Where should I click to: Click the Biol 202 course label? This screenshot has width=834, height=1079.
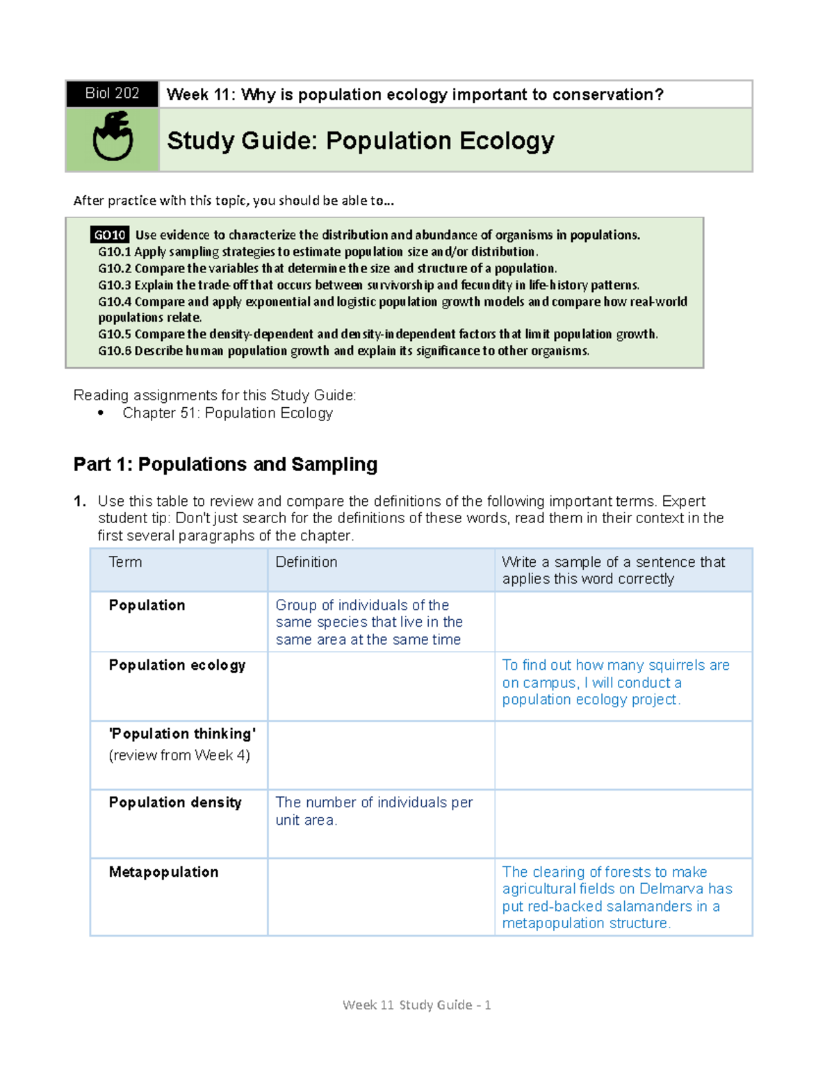pos(112,94)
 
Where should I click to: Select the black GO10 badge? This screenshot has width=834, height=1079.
pos(110,235)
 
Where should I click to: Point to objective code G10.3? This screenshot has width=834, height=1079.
pos(114,285)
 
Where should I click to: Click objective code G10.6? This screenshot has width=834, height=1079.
pos(114,351)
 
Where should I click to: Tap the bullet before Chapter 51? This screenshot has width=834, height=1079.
pos(101,413)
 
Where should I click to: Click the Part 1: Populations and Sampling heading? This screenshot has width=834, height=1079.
pos(225,464)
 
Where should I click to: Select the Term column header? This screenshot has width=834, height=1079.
pos(125,562)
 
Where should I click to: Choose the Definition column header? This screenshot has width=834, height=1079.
pos(306,562)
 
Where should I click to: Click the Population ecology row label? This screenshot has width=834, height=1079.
pos(177,665)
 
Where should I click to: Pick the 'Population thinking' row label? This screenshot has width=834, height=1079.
pos(182,734)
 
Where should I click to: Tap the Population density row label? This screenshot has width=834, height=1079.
pos(175,802)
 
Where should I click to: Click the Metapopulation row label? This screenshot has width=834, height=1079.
pos(163,872)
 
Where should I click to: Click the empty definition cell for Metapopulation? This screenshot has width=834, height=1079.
pos(381,897)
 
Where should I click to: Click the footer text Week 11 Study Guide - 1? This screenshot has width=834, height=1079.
pos(417,1005)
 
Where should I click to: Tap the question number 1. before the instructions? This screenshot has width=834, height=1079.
pos(80,502)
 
